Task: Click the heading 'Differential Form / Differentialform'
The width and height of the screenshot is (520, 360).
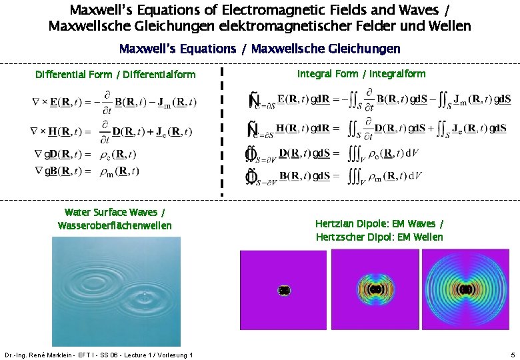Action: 115,75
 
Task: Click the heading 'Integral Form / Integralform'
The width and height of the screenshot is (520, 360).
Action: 361,74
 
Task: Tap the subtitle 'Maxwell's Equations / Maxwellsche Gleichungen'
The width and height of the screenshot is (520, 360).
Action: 259,49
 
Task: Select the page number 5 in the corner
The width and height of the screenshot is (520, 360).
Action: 512,354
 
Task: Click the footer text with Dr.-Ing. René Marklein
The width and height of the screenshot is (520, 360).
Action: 98,355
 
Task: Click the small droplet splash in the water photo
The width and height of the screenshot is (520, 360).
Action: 144,294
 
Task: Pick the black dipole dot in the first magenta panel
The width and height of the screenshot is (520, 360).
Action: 283,291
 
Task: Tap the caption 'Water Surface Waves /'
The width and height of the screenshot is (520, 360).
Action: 115,213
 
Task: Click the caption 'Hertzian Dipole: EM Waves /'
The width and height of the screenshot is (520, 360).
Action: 379,224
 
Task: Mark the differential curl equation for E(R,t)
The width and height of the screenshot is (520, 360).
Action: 115,102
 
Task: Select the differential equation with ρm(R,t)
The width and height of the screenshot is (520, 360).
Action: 87,171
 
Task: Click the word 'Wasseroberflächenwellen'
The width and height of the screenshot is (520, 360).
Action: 115,226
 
